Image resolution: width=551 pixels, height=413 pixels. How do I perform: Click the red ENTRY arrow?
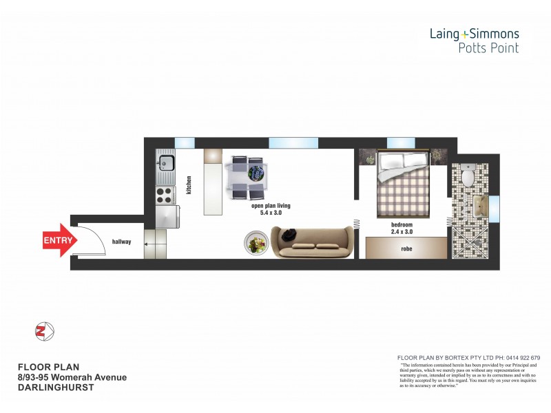point(56,240)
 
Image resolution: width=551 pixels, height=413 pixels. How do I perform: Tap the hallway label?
point(122,242)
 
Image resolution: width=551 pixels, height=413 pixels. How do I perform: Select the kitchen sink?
point(165,162)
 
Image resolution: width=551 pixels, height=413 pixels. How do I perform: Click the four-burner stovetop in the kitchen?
point(165,195)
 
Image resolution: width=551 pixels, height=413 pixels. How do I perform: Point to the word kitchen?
point(188,185)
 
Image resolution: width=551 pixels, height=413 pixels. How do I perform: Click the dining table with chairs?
point(247,177)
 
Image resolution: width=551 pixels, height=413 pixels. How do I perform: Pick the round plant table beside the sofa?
point(256,242)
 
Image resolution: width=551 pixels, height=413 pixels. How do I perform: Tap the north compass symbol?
point(43,331)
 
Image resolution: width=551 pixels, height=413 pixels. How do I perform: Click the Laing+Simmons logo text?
point(474,33)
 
